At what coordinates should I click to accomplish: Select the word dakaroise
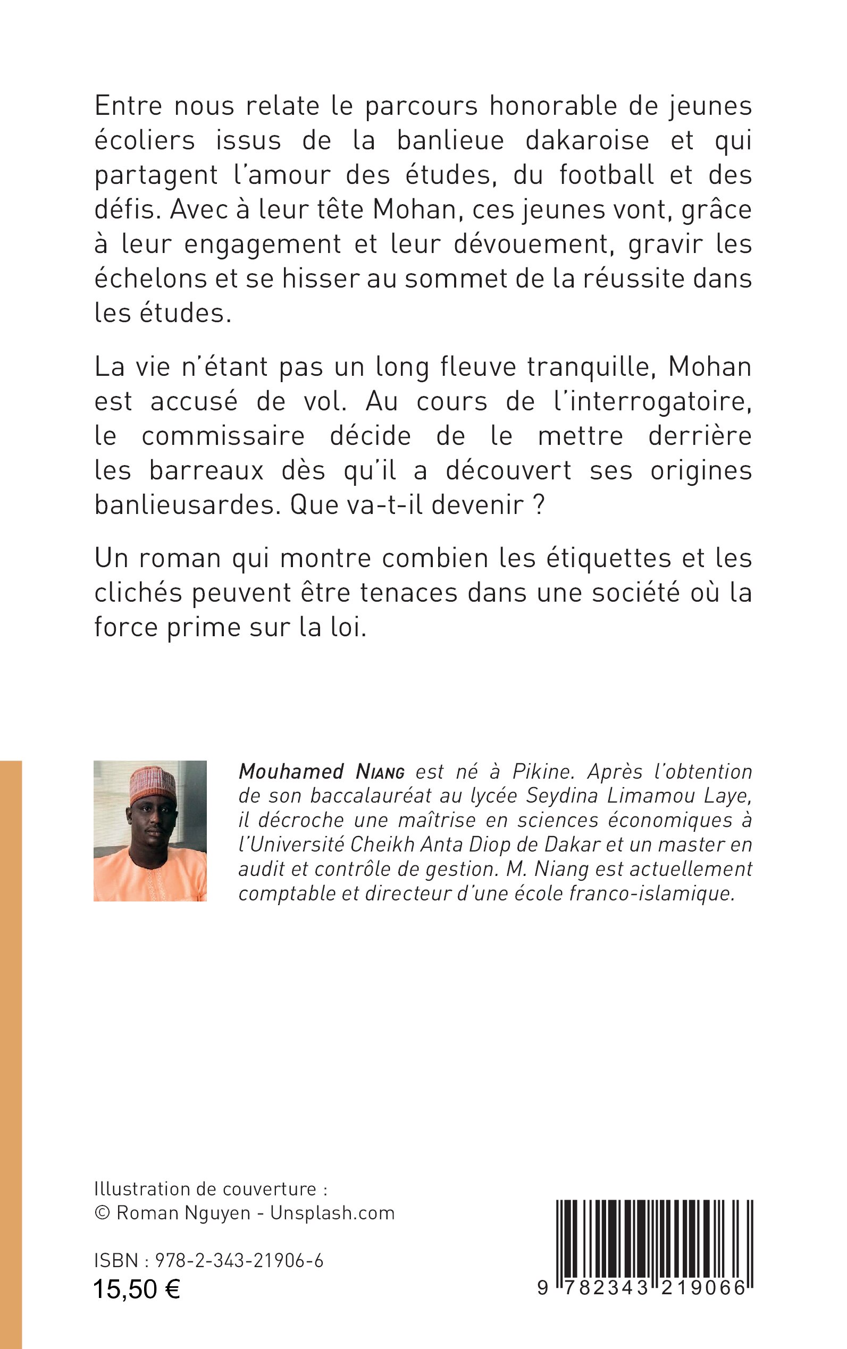coord(586,140)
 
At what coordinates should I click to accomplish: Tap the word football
coord(606,175)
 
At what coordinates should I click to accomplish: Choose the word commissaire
coord(223,436)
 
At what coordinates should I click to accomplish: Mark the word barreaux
coord(206,471)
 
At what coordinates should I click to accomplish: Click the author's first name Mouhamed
coord(291,772)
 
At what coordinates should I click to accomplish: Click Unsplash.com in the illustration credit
coord(332,1213)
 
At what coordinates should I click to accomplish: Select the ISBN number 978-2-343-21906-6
coord(239,1261)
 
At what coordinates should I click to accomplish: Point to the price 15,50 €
coord(137,1289)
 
